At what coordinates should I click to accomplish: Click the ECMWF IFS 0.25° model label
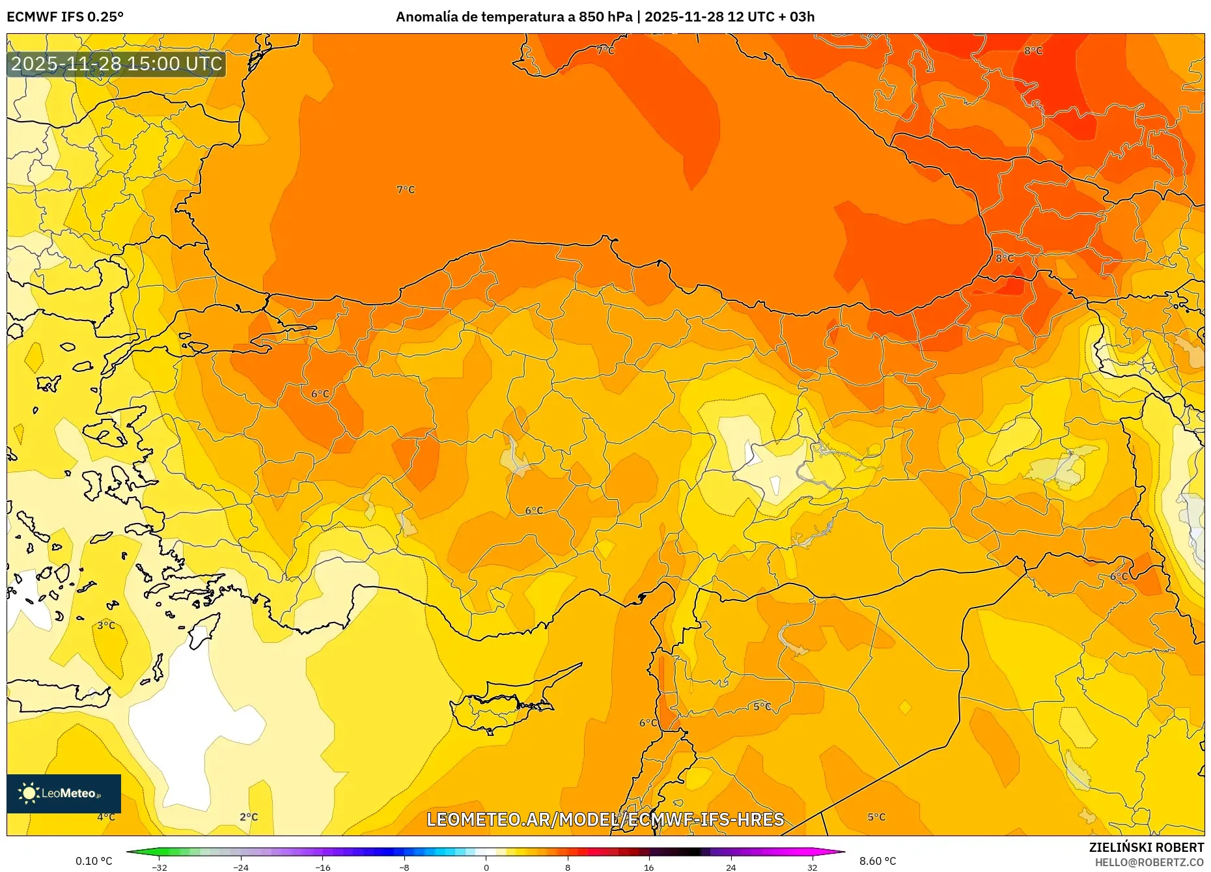click(64, 16)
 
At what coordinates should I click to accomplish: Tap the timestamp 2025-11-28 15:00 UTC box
click(117, 64)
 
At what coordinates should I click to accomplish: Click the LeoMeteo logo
click(63, 793)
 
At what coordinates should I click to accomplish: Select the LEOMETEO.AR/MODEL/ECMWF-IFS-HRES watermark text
click(605, 819)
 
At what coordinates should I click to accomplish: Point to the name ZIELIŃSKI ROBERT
click(1146, 847)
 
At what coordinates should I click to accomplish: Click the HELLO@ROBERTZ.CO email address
click(1148, 862)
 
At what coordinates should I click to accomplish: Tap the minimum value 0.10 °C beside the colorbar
click(94, 861)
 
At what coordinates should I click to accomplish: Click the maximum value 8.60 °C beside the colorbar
click(878, 861)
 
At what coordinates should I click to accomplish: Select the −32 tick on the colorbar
click(160, 867)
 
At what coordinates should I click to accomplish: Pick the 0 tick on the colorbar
click(486, 867)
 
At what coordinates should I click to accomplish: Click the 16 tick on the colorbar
click(648, 867)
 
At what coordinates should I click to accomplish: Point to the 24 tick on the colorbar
click(731, 867)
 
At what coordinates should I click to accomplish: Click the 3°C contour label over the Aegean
click(106, 625)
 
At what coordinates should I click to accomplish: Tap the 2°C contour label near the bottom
click(249, 817)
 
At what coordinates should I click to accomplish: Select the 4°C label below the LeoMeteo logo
click(106, 817)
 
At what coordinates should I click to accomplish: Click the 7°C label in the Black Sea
click(406, 190)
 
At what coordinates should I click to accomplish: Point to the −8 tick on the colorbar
click(404, 867)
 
